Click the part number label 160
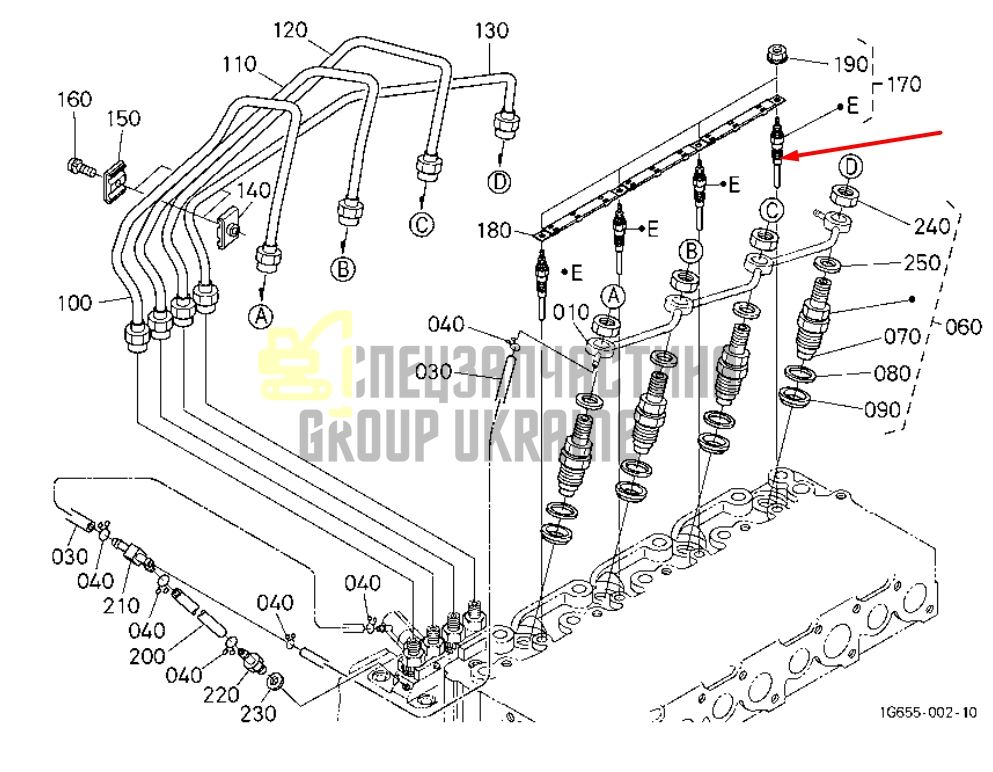point(75,99)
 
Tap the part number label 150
point(123,118)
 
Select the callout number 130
point(491,30)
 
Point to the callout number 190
point(851,64)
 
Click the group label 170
point(904,84)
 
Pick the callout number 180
point(495,230)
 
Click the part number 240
point(932,226)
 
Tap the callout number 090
point(882,410)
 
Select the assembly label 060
point(963,327)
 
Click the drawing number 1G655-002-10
point(928,712)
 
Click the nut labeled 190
point(776,54)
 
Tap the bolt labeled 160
point(80,168)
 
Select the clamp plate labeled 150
point(115,179)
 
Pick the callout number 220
point(221,695)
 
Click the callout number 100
point(75,303)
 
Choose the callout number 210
point(121,605)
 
